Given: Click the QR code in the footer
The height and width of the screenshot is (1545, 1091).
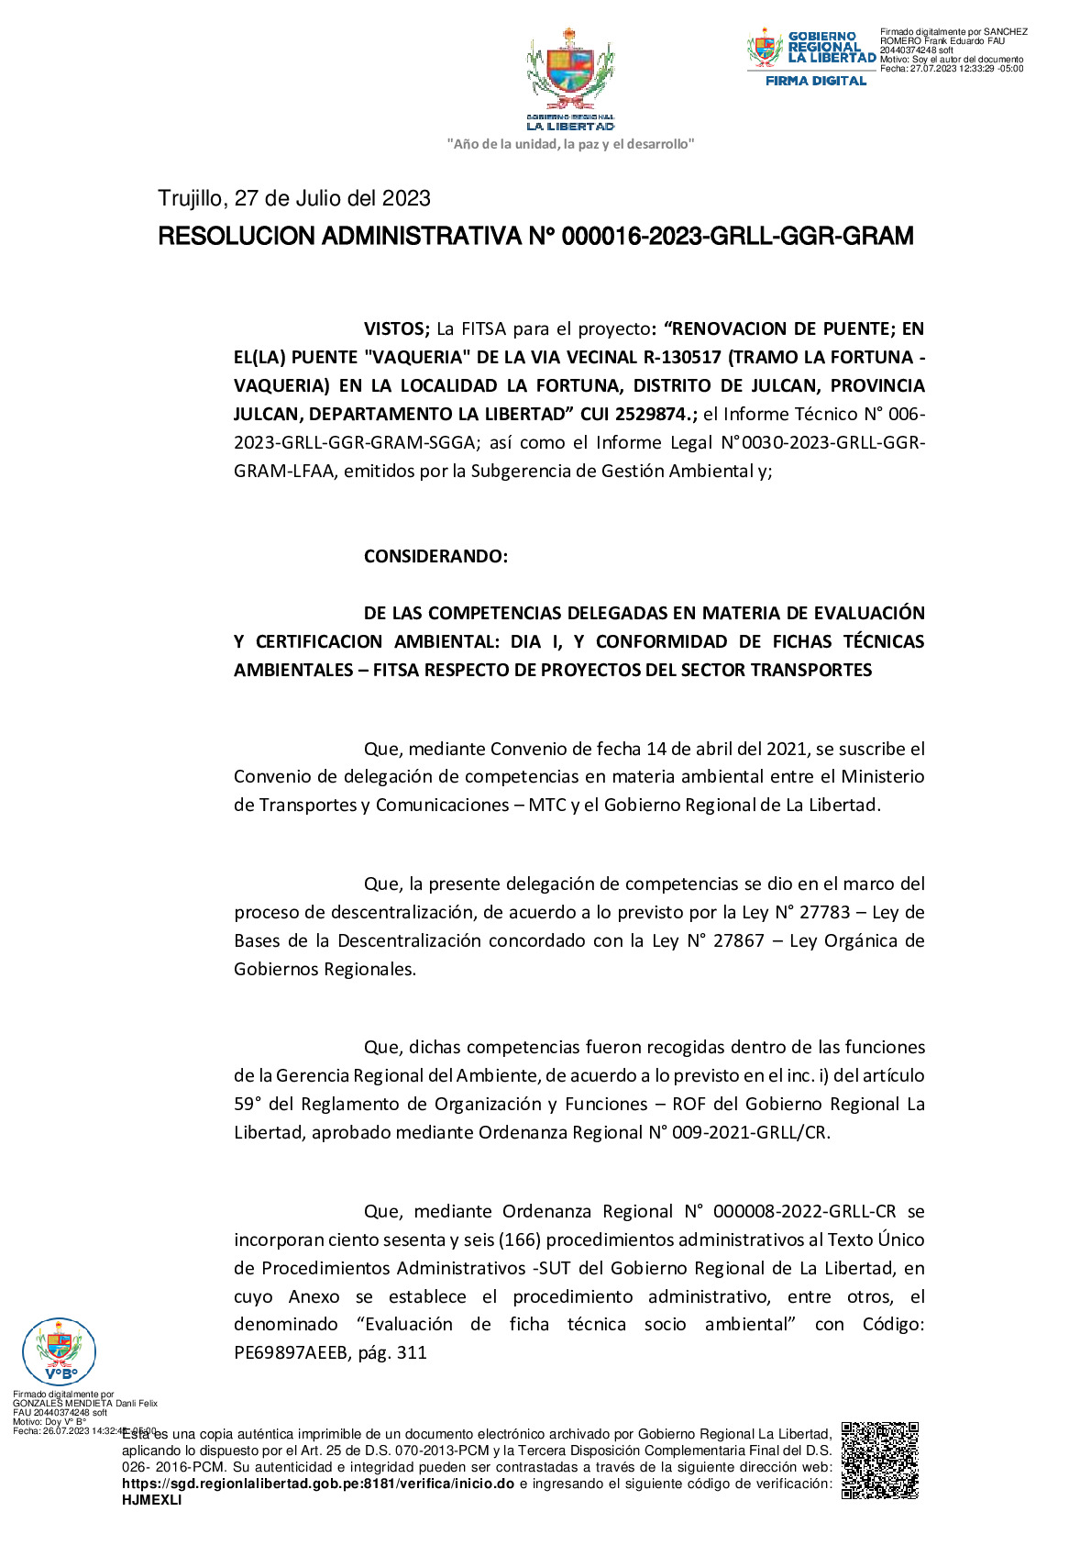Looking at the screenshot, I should (x=879, y=1460).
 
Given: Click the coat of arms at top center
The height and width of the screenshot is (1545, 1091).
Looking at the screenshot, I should (x=569, y=71).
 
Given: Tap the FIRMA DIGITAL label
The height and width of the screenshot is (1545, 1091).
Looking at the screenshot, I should (x=815, y=81).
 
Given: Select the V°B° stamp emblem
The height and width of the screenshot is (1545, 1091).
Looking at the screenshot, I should (x=59, y=1350).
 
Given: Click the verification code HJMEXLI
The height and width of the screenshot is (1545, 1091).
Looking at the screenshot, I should (x=152, y=1500).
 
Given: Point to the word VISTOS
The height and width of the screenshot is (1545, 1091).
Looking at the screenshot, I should (x=396, y=328).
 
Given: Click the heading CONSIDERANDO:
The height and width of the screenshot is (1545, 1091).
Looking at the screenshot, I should (x=435, y=556).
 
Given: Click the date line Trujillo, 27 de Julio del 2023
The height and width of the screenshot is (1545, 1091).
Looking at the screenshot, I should (x=294, y=198).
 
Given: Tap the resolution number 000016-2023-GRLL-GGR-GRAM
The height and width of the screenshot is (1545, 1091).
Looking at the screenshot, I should (x=737, y=237).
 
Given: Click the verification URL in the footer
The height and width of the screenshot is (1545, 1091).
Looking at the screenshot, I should (x=317, y=1484).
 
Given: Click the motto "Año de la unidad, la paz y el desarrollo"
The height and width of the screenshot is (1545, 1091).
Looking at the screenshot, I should (x=569, y=144).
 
